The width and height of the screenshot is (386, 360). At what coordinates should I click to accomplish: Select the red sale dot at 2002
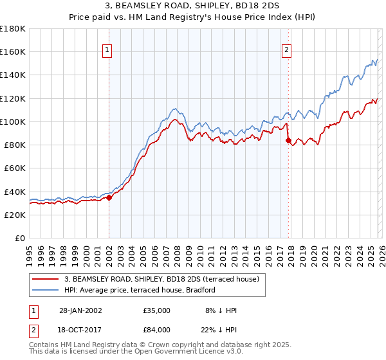109,197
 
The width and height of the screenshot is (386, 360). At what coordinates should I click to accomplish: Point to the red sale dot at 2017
288,140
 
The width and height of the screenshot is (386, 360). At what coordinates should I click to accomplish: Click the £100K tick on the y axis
13,122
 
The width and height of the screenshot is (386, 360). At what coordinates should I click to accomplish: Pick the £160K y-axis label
13,51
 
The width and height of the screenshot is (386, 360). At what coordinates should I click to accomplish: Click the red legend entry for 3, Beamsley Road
161,279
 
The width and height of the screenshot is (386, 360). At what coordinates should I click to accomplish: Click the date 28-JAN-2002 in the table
80,310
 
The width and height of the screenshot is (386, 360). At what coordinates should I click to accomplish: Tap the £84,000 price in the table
157,331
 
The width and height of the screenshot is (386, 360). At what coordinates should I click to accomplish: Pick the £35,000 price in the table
157,310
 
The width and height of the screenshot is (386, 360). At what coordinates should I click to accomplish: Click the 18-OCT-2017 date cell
80,331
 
